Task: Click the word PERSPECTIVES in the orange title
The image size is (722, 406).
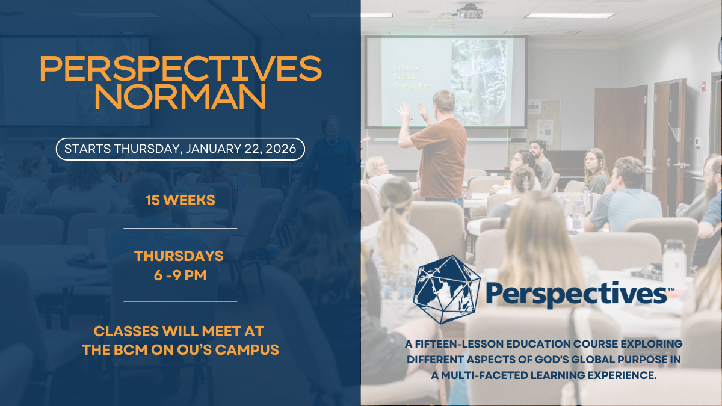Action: pyautogui.click(x=180, y=69)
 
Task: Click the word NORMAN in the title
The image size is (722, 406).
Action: pyautogui.click(x=180, y=98)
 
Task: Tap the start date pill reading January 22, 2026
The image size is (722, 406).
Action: pyautogui.click(x=180, y=149)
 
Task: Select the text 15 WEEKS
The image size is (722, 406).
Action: pyautogui.click(x=180, y=200)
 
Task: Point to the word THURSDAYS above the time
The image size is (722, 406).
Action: pyautogui.click(x=179, y=256)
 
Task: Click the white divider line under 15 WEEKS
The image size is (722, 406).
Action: pyautogui.click(x=180, y=229)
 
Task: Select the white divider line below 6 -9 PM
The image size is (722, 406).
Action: pyautogui.click(x=180, y=301)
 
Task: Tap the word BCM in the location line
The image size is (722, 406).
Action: pyautogui.click(x=117, y=349)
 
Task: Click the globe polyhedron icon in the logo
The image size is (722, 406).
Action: pyautogui.click(x=446, y=290)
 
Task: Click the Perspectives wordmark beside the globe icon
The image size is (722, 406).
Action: pyautogui.click(x=575, y=294)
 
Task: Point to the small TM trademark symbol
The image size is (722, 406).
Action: pyautogui.click(x=671, y=289)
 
